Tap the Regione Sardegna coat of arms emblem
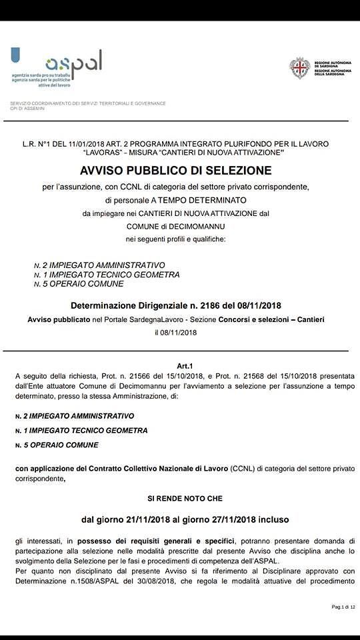[299, 68]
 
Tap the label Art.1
[185, 366]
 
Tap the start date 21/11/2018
[145, 519]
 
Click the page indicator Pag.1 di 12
[343, 607]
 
